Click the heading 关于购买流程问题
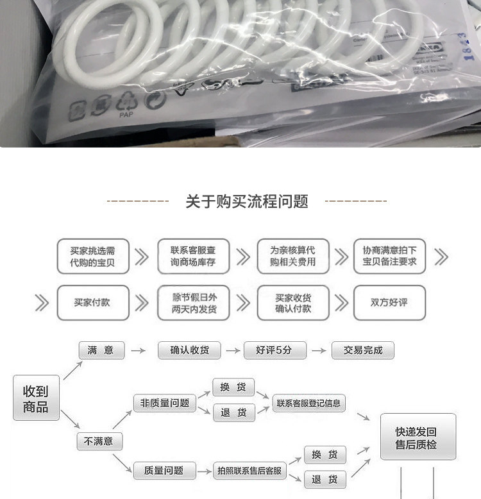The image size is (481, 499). click(x=247, y=201)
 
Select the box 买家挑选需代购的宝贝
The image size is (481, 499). click(x=93, y=257)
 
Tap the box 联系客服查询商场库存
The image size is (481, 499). click(x=193, y=257)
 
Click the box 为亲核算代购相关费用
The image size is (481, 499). click(x=292, y=257)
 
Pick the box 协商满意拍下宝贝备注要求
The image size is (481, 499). click(x=389, y=257)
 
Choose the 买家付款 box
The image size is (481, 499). click(x=93, y=302)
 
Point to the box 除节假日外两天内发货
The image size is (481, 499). click(x=193, y=302)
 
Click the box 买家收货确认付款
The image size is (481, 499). click(x=292, y=302)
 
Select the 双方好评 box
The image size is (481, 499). click(x=389, y=302)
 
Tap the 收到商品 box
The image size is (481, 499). click(x=36, y=398)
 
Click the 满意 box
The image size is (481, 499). click(x=101, y=350)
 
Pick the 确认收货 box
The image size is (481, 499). click(x=189, y=350)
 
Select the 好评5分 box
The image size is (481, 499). click(x=274, y=350)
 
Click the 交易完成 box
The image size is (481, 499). click(x=362, y=350)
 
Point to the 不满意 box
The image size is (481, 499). click(x=99, y=441)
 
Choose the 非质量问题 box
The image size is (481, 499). click(x=165, y=403)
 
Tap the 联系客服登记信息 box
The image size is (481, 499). click(x=308, y=403)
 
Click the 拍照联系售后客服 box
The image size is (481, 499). click(x=249, y=471)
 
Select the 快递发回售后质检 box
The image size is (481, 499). click(x=418, y=437)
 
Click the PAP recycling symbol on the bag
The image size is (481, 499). click(x=126, y=104)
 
